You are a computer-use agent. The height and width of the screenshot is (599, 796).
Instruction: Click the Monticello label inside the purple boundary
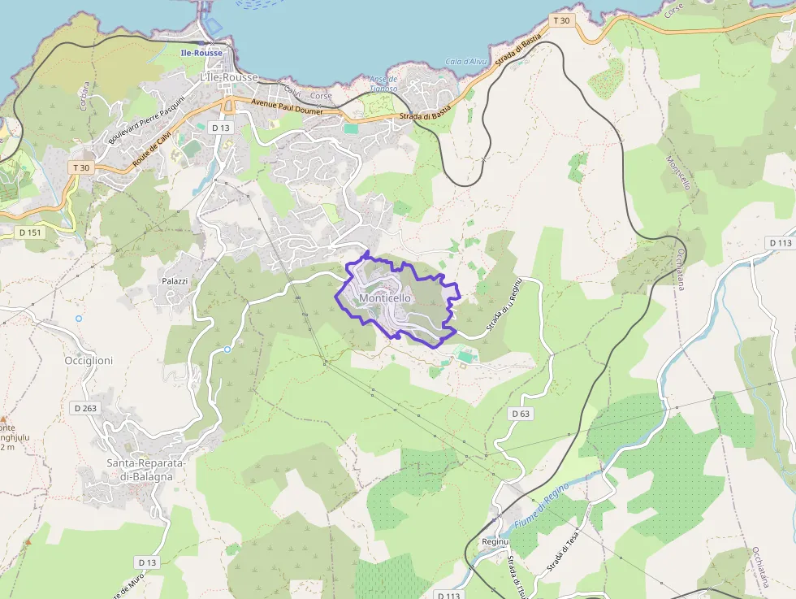[385, 298]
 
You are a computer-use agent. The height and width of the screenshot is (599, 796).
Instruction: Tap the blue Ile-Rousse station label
[201, 53]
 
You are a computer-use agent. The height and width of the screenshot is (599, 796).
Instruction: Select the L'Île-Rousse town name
[228, 77]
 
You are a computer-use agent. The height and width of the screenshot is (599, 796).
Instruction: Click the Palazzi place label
[175, 281]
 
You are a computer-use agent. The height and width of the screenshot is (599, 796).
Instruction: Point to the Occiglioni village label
[89, 360]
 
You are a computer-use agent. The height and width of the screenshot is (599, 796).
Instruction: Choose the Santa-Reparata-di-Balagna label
[146, 470]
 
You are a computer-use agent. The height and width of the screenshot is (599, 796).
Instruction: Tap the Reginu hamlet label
[495, 541]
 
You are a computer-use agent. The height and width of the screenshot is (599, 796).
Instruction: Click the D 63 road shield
[521, 414]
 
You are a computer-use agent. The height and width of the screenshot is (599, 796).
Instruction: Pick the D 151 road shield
[29, 232]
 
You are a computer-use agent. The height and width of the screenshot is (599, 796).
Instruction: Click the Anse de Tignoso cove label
[383, 84]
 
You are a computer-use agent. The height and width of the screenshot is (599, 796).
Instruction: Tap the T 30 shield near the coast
[560, 20]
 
